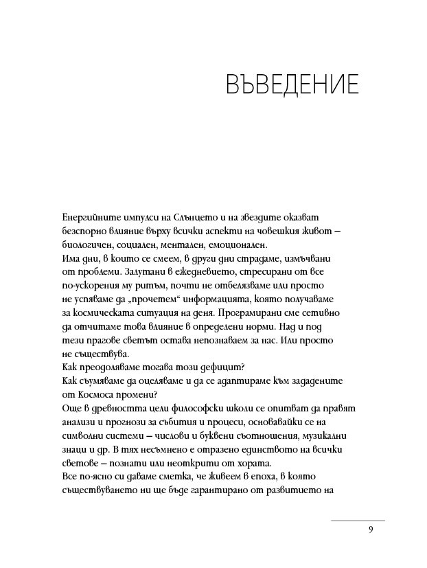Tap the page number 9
coord(370,530)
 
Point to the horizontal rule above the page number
coord(358,521)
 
